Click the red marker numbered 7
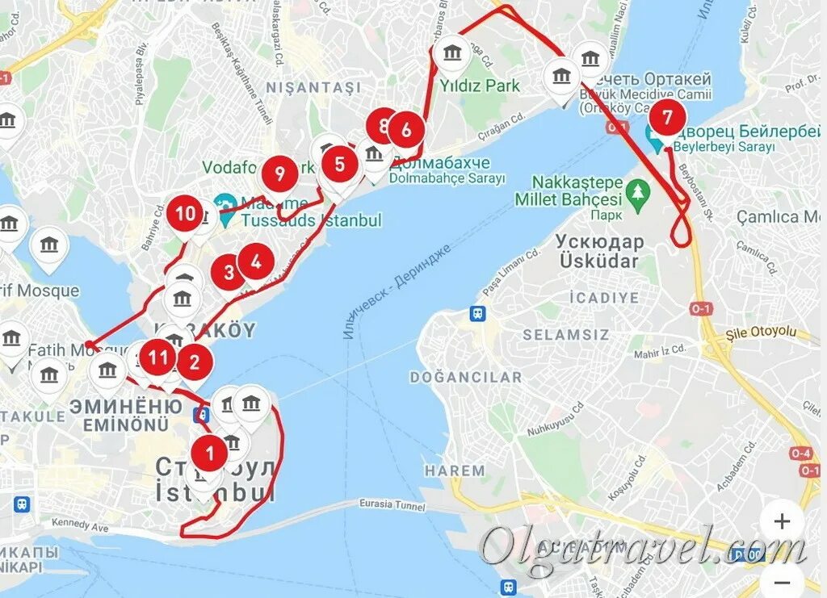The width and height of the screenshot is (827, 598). click(666, 118)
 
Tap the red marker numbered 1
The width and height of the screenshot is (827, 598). click(211, 453)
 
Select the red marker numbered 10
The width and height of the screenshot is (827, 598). click(185, 215)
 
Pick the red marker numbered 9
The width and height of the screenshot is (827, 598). click(279, 174)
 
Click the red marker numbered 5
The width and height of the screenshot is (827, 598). click(339, 165)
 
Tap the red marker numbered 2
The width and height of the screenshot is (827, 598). click(195, 362)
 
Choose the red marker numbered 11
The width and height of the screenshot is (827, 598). click(157, 357)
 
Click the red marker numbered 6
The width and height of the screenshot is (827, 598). click(406, 129)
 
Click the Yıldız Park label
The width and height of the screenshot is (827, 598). click(480, 85)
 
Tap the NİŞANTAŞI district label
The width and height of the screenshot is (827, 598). click(313, 86)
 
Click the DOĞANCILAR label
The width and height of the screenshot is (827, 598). click(466, 377)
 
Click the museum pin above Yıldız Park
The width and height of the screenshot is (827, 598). click(451, 54)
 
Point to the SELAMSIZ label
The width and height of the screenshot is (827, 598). click(559, 334)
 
